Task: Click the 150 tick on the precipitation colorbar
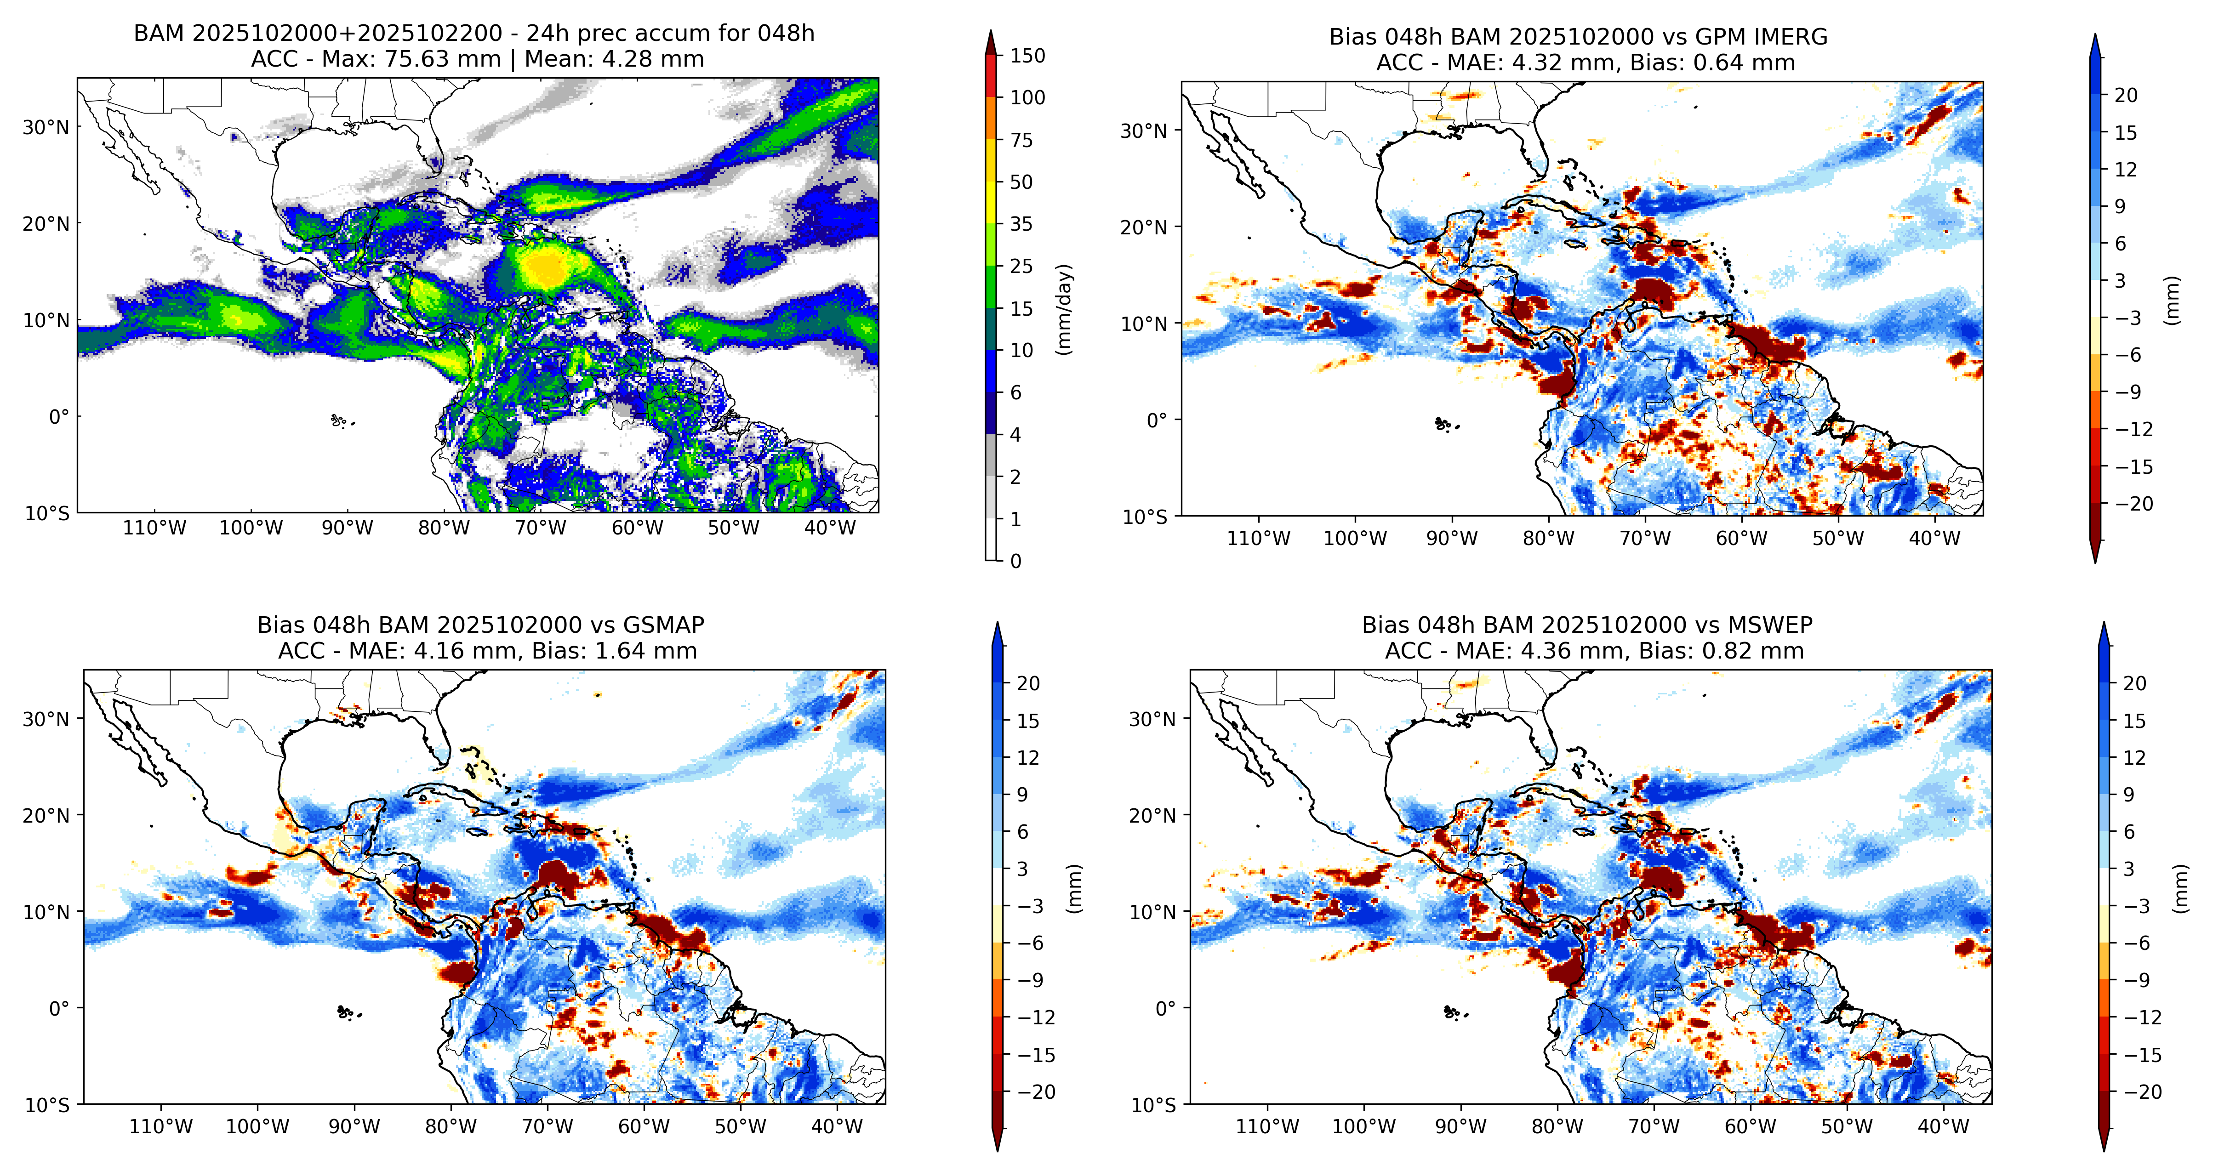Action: click(x=1027, y=56)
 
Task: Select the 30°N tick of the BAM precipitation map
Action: click(x=46, y=127)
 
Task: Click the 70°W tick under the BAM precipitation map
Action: click(x=540, y=528)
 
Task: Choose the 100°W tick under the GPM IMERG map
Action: click(x=1355, y=539)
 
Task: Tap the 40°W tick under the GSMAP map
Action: click(x=837, y=1127)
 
